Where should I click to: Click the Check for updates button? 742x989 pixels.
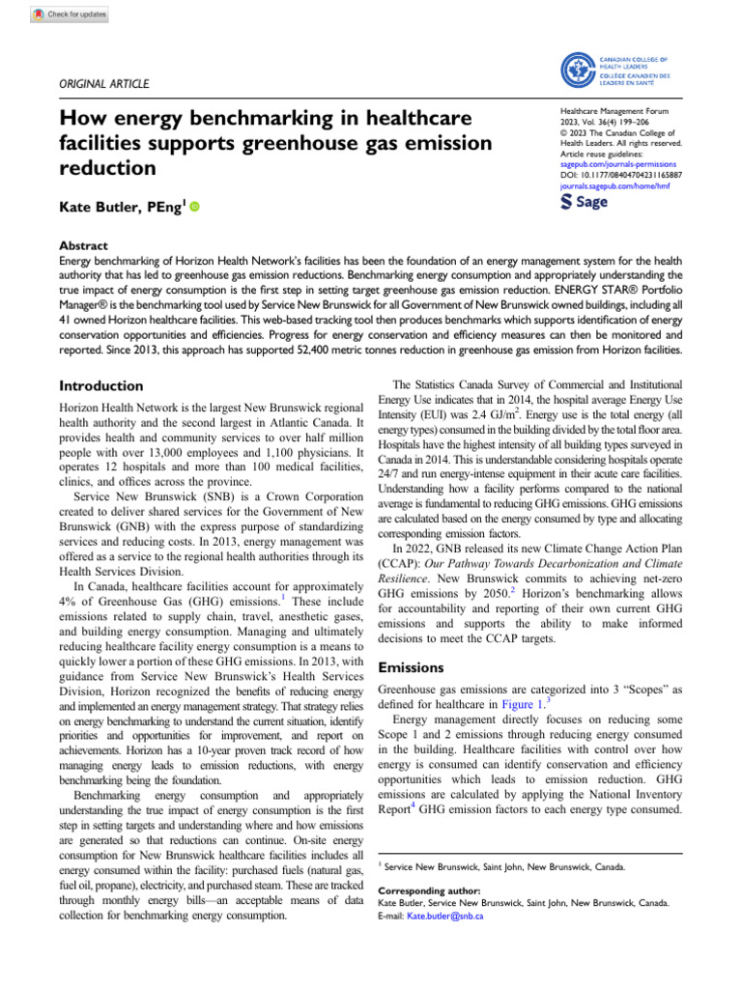tap(70, 15)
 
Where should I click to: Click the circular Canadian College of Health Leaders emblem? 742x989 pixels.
tap(582, 71)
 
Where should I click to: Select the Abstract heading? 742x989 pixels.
tap(83, 246)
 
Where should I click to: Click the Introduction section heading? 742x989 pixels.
tap(103, 386)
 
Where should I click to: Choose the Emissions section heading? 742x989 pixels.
tap(412, 666)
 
